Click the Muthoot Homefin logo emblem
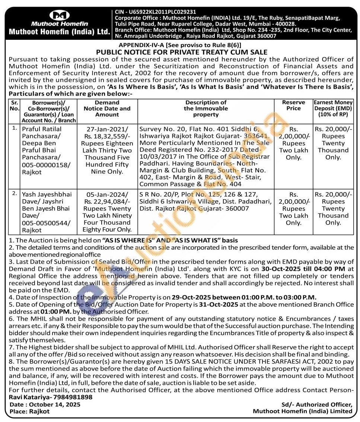(60, 15)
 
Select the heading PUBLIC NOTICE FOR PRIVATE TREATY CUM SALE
(181, 53)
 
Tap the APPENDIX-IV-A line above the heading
(181, 45)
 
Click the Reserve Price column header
(293, 105)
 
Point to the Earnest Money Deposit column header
(333, 108)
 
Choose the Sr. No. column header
(14, 105)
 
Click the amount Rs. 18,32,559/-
(107, 136)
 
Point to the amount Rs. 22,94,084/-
(107, 202)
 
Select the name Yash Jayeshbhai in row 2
(45, 194)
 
